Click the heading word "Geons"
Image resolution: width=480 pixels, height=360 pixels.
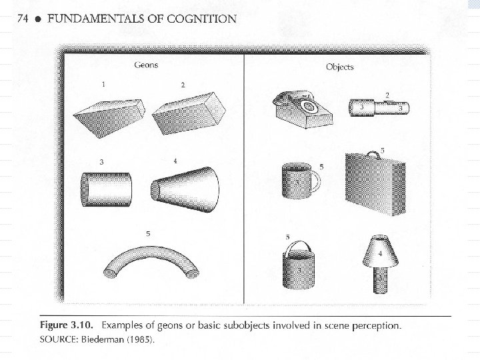click(147, 65)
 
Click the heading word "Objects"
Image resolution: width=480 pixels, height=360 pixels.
click(339, 67)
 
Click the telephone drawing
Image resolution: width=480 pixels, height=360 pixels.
click(301, 109)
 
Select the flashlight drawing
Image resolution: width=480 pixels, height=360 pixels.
click(379, 107)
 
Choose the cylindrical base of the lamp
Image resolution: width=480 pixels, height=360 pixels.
click(379, 279)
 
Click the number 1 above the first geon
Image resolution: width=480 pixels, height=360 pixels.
click(103, 85)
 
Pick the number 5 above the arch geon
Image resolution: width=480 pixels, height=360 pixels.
click(147, 233)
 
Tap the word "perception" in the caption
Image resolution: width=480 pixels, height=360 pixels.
click(375, 326)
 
